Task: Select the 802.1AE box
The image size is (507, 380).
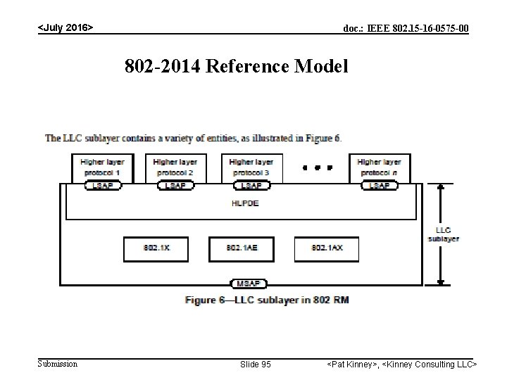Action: [241, 248]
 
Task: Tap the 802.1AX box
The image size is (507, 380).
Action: [327, 248]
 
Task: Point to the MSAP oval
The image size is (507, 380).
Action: [248, 284]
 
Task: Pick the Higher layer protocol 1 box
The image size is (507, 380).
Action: [103, 167]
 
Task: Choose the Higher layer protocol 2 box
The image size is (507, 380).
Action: [175, 167]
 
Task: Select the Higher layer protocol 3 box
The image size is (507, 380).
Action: [251, 167]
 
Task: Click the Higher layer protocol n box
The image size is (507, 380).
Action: [380, 167]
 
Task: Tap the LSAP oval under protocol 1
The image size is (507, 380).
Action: [103, 185]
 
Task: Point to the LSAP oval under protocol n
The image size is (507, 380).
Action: [380, 185]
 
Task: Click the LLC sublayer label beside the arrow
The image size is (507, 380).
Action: [443, 234]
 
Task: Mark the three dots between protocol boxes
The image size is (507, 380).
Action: [317, 168]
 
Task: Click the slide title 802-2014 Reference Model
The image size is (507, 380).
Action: [237, 67]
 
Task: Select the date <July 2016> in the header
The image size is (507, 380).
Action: [65, 27]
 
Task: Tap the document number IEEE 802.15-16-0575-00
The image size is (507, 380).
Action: [406, 28]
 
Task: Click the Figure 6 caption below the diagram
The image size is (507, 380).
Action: [267, 300]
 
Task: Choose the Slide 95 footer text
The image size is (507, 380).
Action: [256, 365]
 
